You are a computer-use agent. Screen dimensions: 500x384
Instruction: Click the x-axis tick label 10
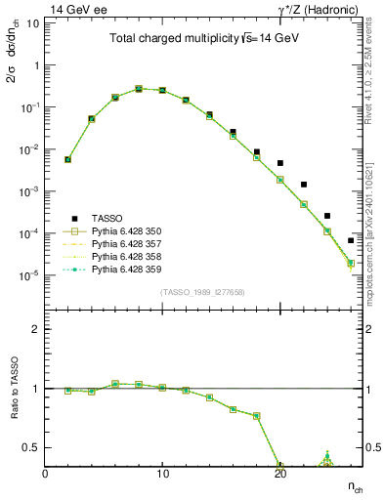162,474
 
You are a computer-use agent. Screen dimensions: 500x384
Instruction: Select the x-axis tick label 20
279,474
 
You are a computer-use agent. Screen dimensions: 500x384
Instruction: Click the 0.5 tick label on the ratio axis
31,447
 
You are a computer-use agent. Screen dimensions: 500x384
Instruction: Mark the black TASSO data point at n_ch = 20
280,163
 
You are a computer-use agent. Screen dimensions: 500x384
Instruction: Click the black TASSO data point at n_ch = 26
351,240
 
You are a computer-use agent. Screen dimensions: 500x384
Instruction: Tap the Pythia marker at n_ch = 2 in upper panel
67,159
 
